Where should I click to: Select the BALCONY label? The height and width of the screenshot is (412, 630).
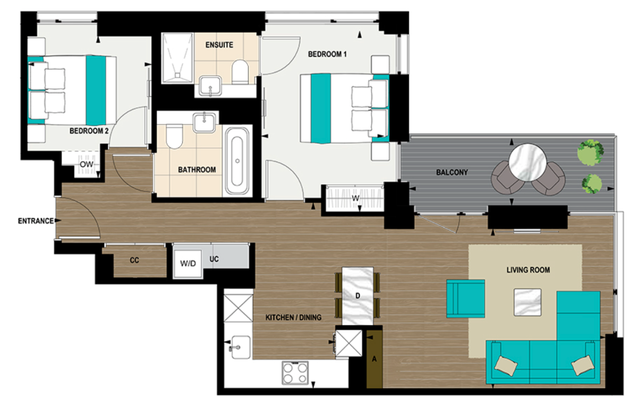pos(452,173)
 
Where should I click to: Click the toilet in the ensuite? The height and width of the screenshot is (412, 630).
pos(240,72)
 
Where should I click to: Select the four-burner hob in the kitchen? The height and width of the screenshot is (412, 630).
pos(295,372)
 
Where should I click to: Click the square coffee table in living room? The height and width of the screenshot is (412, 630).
pos(527,301)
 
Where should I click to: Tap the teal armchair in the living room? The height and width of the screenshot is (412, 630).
pos(465,298)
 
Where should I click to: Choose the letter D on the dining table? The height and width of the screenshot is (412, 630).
pos(358,295)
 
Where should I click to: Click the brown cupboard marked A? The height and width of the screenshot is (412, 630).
pos(374,359)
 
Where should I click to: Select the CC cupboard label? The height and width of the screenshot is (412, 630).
pos(134,261)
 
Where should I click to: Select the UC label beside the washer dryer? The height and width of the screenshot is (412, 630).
pos(214,259)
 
